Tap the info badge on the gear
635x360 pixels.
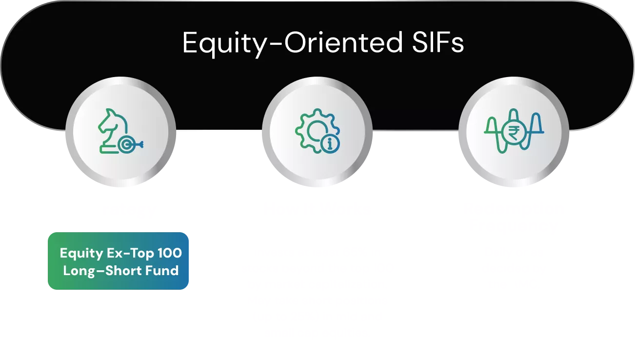(330, 143)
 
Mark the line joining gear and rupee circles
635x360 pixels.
(416, 131)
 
